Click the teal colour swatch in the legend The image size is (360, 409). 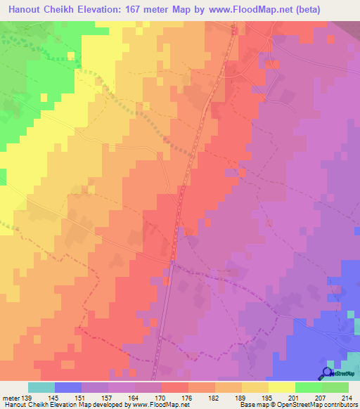point(41,387)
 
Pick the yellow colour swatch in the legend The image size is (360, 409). point(282,387)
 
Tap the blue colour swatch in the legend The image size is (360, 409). point(68,387)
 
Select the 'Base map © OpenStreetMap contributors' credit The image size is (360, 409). point(297,404)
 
